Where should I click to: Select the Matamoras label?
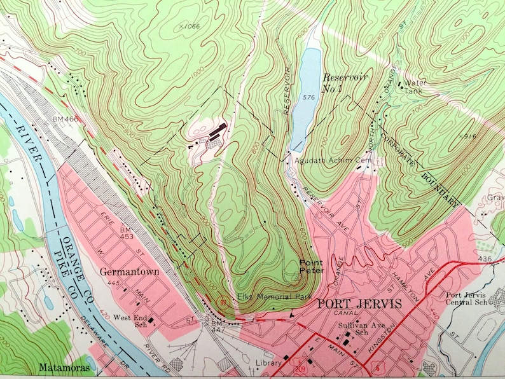click(62, 367)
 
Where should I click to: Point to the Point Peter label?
click(312, 266)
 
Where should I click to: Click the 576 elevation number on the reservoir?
click(310, 97)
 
